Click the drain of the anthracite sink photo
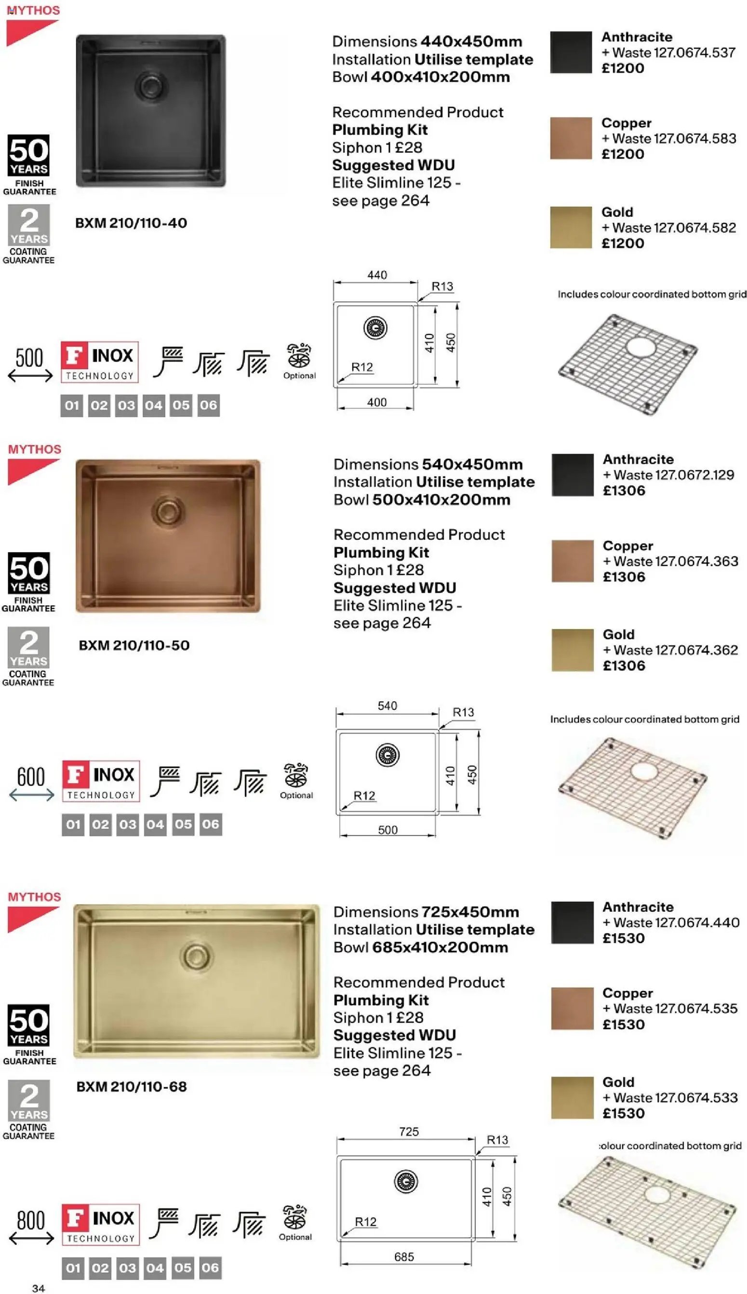pos(151,84)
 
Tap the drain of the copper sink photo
pos(168,510)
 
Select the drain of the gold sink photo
pos(196,955)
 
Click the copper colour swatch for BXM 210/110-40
pos(571,138)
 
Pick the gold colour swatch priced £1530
pos(572,1097)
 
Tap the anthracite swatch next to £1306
pos(572,474)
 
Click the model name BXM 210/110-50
pos(134,645)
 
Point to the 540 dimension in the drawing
pos(387,706)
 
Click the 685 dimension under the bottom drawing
pos(404,1256)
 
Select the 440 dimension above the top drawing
pos(377,275)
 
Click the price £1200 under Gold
pos(623,243)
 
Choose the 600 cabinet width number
pos(31,777)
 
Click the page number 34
pos(39,1288)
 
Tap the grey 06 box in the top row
pos(208,405)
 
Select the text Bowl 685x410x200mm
pos(420,947)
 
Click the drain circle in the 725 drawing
pos(406,1181)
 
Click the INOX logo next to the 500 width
pos(100,361)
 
